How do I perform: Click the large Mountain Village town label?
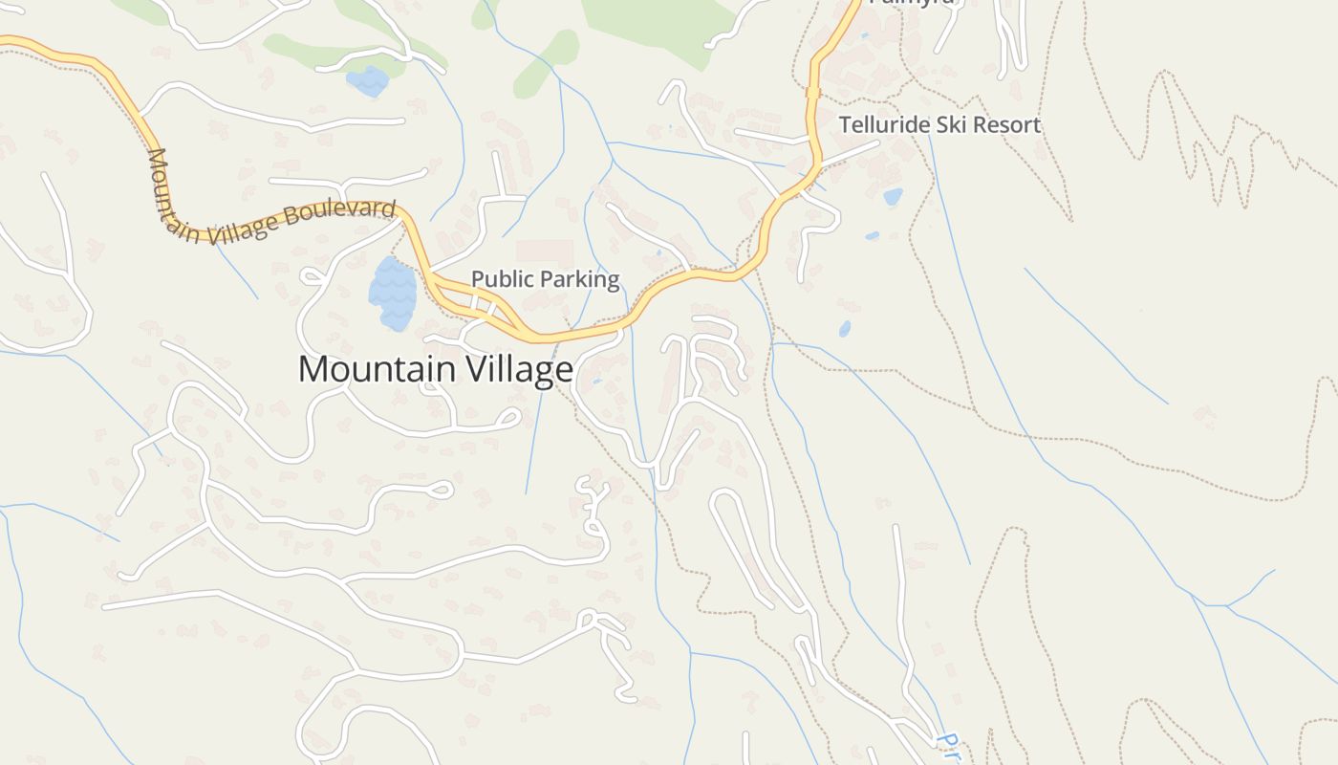pyautogui.click(x=436, y=369)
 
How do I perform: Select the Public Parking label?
pyautogui.click(x=546, y=279)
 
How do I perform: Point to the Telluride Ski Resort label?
pyautogui.click(x=939, y=124)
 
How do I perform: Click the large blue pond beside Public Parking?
pyautogui.click(x=393, y=292)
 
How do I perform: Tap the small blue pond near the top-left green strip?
pyautogui.click(x=368, y=81)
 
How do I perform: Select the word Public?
pyautogui.click(x=502, y=279)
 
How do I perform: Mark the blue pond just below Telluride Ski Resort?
pyautogui.click(x=893, y=197)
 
